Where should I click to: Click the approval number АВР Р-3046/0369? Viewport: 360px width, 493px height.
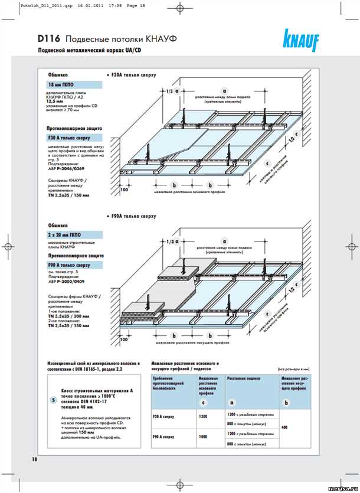68,168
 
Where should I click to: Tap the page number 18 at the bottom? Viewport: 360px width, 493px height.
27,458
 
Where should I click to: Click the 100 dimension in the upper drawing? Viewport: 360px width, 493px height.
124,191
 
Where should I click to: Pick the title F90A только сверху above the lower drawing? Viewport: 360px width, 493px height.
132,217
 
